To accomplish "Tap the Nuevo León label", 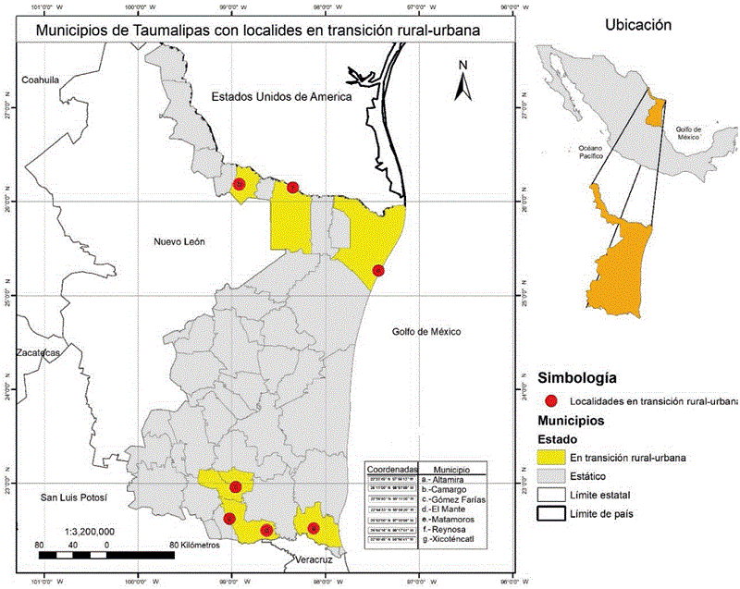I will tap(179, 241).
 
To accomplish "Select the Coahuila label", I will tap(41, 80).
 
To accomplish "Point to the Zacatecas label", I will tap(38, 353).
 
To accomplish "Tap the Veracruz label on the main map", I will tap(308, 560).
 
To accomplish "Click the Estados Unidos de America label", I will tap(281, 97).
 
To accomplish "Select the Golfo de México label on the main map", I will tap(425, 332).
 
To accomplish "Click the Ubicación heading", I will tap(637, 26).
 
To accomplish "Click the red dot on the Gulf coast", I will tap(377, 270).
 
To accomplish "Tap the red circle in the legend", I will tap(552, 401).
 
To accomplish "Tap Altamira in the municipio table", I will tap(450, 479).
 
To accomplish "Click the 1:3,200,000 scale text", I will tap(91, 532).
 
